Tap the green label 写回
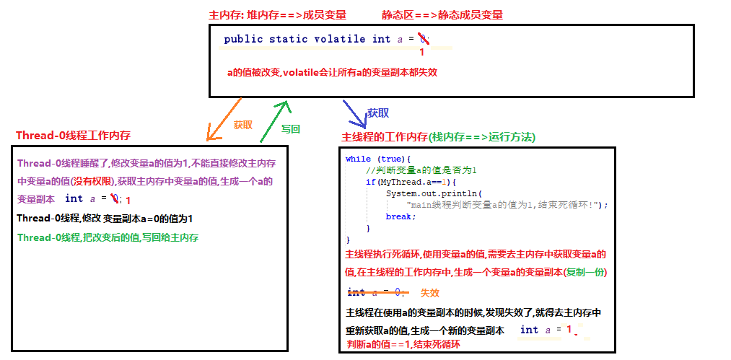point(290,129)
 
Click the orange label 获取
point(243,124)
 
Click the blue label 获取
point(378,113)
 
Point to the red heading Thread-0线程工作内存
point(73,136)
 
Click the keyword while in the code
point(358,159)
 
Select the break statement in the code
point(399,216)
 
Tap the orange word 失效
point(430,293)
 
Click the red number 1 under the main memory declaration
point(421,52)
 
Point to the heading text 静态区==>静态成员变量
point(442,14)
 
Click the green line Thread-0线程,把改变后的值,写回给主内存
point(108,237)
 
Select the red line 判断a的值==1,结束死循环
point(403,344)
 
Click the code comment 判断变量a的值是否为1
point(421,170)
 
